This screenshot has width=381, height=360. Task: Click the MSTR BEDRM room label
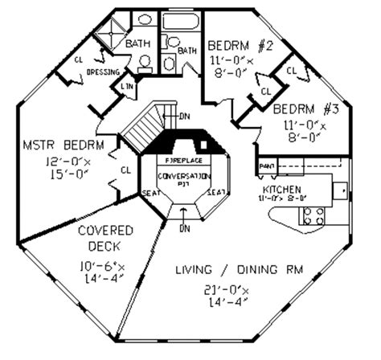coord(52,145)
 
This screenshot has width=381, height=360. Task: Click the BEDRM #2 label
coord(240,45)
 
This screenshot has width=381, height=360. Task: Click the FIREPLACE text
coord(182,162)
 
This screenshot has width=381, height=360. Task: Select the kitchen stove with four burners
coord(313,215)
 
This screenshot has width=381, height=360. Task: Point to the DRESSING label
coord(103,72)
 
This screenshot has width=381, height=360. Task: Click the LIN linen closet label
coord(126,85)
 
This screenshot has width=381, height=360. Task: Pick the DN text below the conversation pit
coord(183,228)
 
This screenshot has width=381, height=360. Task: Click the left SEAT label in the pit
coord(150,192)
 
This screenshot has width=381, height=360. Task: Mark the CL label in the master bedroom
coord(125,170)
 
